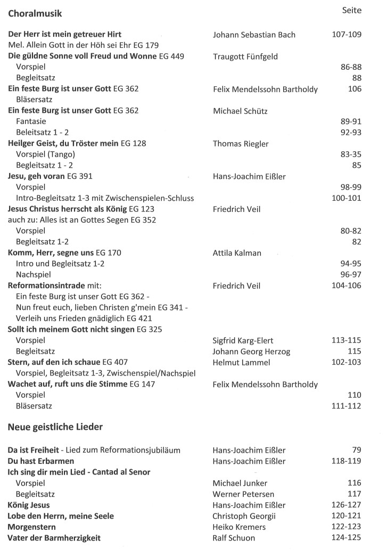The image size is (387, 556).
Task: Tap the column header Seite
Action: [351, 10]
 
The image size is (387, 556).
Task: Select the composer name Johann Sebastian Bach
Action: [254, 35]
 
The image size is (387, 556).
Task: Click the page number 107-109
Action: [346, 35]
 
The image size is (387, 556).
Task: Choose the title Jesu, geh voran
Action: [36, 176]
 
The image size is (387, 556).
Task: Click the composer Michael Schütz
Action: [240, 111]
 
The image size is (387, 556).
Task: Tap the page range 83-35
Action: [351, 154]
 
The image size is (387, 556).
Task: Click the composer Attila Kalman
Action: [237, 253]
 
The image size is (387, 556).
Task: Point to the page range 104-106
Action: [346, 285]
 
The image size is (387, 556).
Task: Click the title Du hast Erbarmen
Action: [41, 461]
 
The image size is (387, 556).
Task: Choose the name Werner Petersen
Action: [244, 494]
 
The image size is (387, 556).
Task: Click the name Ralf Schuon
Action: [234, 538]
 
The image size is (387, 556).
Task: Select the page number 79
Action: [356, 449]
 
